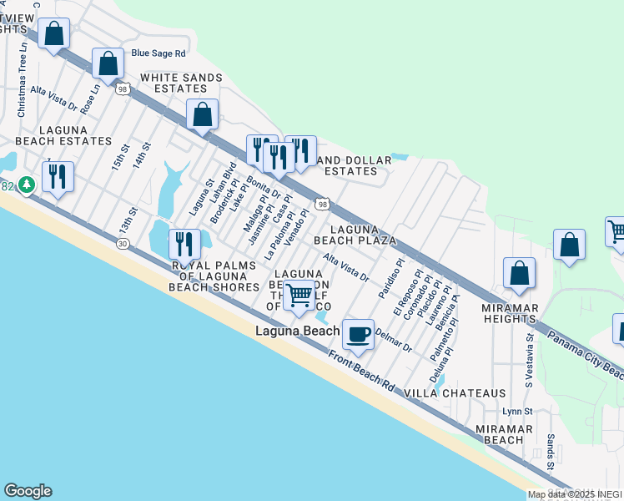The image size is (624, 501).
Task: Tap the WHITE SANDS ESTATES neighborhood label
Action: click(x=181, y=83)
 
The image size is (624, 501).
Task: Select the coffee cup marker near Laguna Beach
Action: click(x=359, y=335)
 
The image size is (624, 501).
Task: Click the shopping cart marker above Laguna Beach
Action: click(x=299, y=295)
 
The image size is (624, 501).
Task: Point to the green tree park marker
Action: click(x=27, y=184)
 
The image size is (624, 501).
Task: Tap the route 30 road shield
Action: click(x=123, y=243)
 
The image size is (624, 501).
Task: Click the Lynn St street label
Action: click(x=517, y=412)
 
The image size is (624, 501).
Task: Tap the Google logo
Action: click(x=28, y=491)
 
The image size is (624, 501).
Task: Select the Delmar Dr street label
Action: click(x=394, y=341)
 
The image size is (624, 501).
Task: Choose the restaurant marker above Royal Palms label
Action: click(x=183, y=243)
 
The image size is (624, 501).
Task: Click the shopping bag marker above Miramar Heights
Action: click(x=519, y=273)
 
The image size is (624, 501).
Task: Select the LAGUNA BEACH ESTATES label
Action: click(x=46, y=136)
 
